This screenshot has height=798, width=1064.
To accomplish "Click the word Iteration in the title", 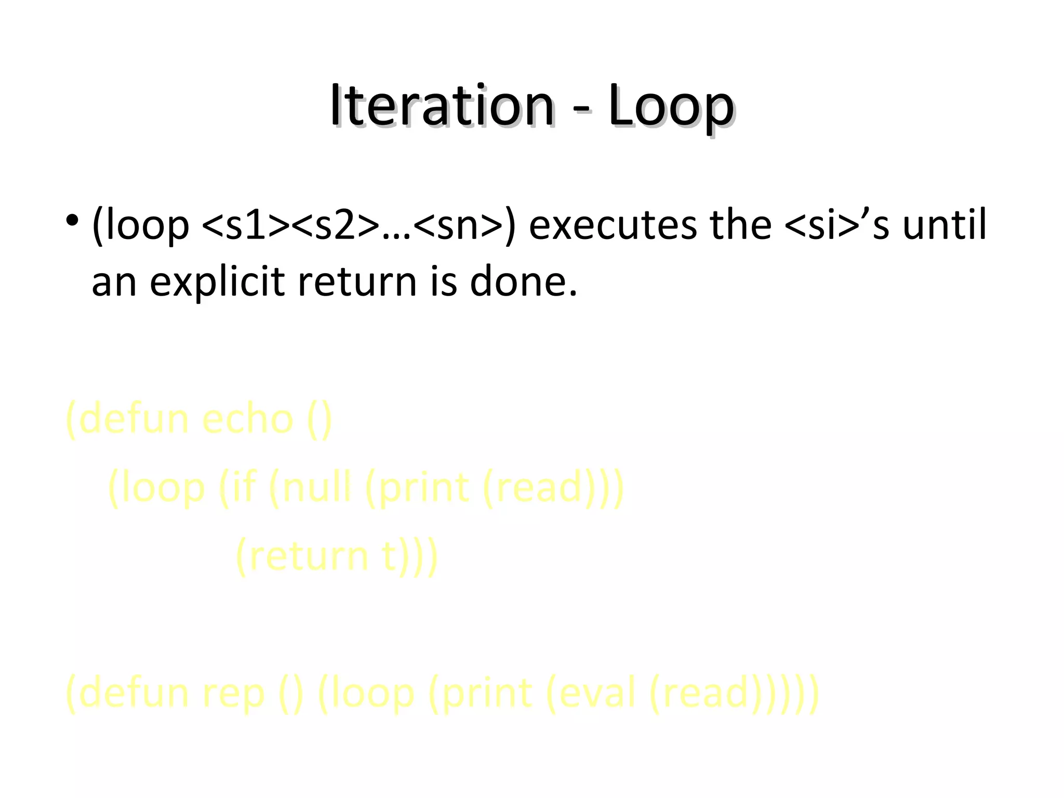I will pos(442,106).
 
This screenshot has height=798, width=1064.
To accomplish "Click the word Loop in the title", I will pos(671,106).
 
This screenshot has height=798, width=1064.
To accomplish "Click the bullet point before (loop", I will pos(72,220).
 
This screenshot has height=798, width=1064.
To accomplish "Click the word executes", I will pos(613,225).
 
